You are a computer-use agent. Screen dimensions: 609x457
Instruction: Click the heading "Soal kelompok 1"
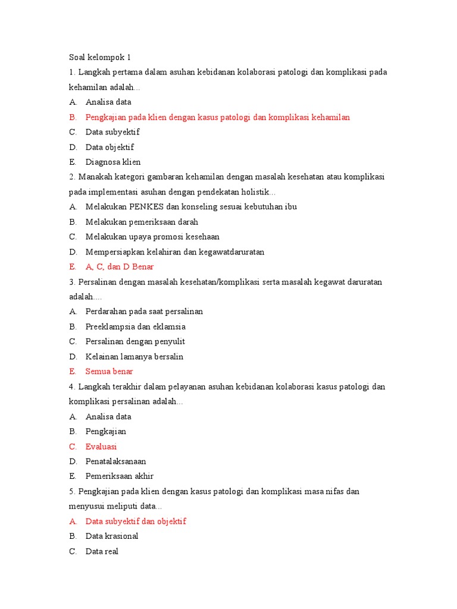tap(99, 57)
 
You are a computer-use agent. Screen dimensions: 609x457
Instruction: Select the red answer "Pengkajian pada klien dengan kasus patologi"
tap(217, 117)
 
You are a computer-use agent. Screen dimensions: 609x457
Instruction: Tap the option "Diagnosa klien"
tap(113, 162)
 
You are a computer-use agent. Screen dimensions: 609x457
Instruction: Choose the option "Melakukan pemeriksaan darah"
tap(142, 222)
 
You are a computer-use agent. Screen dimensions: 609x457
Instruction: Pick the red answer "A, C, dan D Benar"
tap(120, 267)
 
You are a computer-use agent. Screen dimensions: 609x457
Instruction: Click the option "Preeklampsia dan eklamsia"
tap(135, 327)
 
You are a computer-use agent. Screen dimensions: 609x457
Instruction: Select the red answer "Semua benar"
tap(109, 372)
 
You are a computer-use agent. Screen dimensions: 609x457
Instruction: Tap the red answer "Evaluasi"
tap(101, 447)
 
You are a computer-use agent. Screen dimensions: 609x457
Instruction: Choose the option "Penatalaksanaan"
tap(115, 462)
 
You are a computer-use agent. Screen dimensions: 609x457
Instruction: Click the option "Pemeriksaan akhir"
tap(119, 476)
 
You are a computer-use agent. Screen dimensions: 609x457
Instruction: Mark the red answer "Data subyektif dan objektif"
tap(136, 522)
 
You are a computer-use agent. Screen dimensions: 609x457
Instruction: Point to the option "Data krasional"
tap(112, 536)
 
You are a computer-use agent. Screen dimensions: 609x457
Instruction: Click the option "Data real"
tap(102, 551)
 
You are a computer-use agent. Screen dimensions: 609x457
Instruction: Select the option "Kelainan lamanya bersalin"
tap(134, 357)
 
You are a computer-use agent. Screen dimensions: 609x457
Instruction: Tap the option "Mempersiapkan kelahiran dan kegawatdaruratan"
tap(175, 252)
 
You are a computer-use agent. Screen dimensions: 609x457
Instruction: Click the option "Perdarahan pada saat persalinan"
tap(144, 312)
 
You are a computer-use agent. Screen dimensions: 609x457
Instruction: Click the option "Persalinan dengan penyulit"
tap(135, 341)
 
